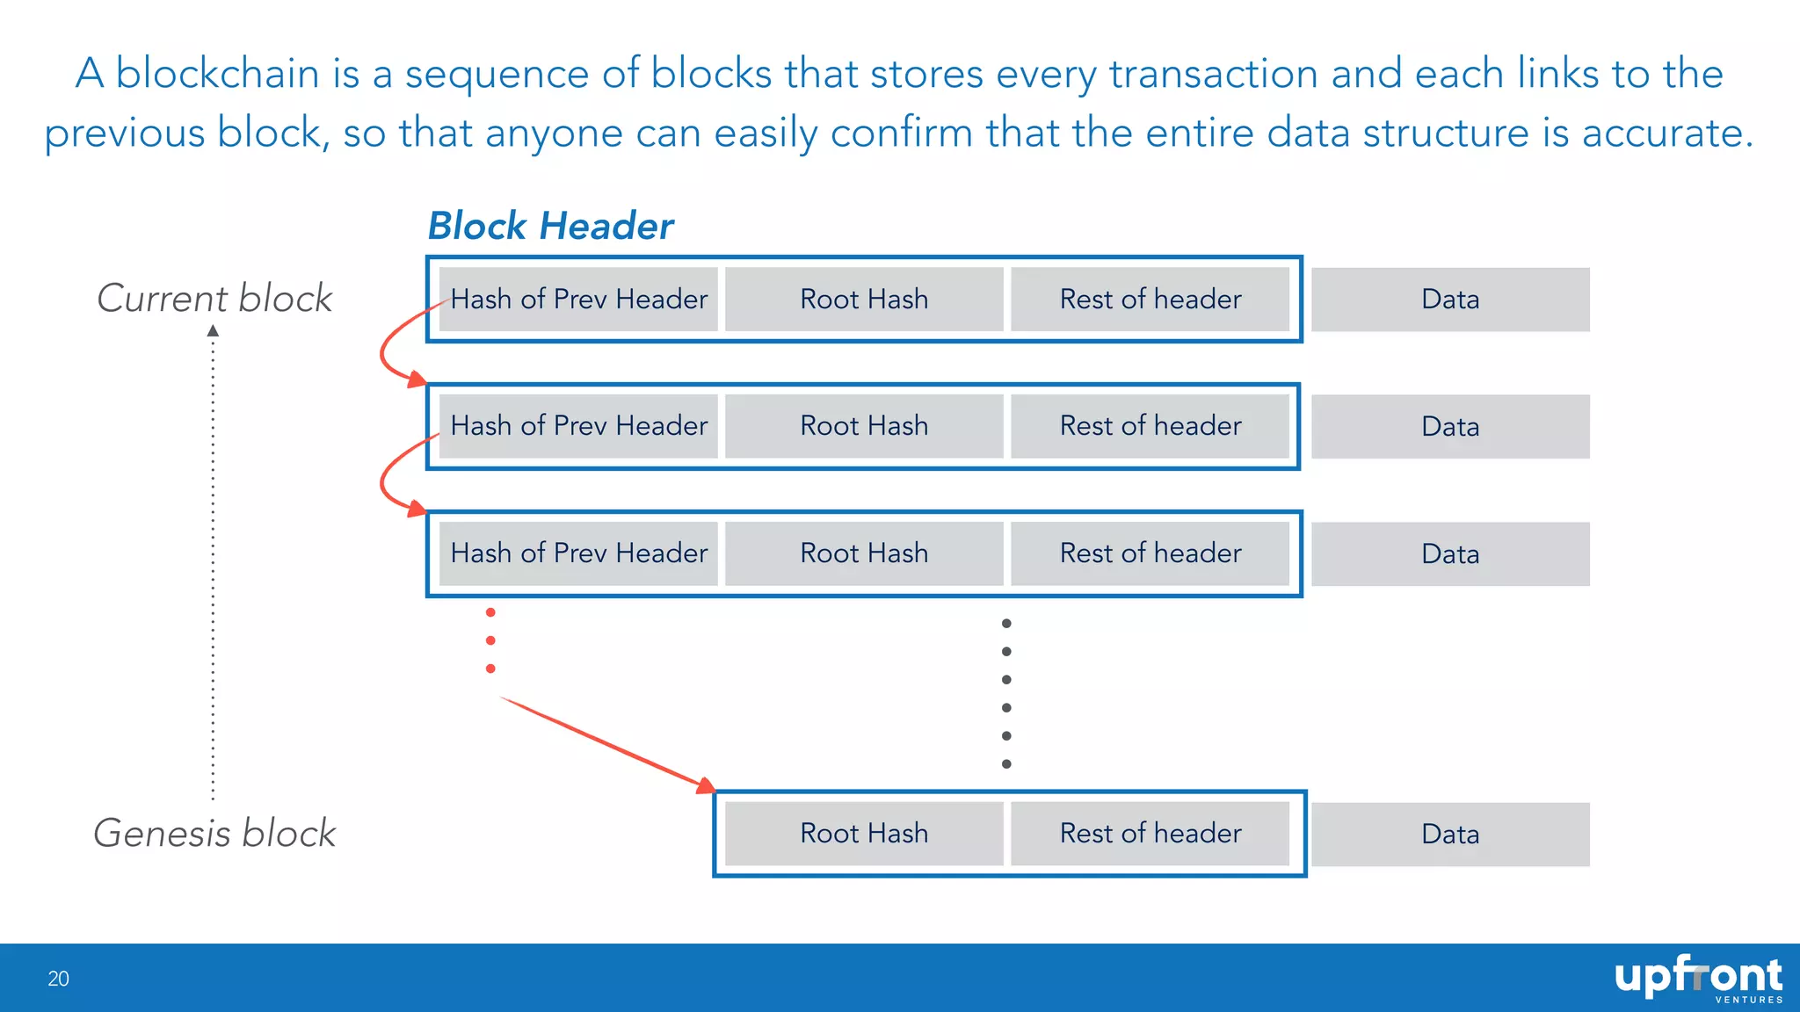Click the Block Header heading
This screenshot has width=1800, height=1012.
[x=550, y=226]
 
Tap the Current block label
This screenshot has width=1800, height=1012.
[x=214, y=299]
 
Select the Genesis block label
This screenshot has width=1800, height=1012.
[x=214, y=833]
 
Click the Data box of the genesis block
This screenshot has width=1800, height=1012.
[x=1450, y=834]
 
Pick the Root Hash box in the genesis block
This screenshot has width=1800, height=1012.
[x=864, y=833]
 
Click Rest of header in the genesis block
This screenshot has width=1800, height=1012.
[x=1150, y=833]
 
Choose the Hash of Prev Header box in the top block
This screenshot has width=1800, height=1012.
[x=578, y=300]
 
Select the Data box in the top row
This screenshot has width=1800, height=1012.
[x=1450, y=300]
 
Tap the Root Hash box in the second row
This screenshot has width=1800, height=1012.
[x=864, y=426]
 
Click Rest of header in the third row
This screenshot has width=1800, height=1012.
[x=1150, y=553]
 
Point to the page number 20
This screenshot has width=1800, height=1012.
[x=58, y=979]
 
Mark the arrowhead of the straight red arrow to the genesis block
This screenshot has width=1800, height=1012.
[x=707, y=785]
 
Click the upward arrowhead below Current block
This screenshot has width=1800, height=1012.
[x=213, y=331]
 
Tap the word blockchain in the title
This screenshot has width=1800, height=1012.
[x=217, y=73]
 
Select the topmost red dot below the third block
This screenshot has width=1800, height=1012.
[x=490, y=612]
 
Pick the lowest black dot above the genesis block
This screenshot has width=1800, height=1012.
[x=1006, y=763]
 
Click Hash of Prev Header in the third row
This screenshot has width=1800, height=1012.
[x=578, y=553]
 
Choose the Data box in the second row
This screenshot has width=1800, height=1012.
[x=1450, y=426]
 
